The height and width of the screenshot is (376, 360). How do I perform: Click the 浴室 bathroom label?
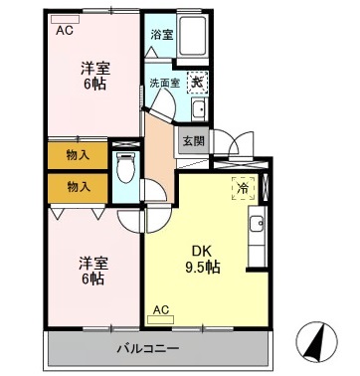tap(160, 34)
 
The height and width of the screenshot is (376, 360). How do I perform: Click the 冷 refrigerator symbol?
tap(243, 186)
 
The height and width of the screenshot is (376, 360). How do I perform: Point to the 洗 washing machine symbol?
tap(198, 83)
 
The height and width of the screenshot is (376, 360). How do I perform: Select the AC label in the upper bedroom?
tap(65, 31)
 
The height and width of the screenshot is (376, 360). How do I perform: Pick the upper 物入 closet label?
tap(79, 154)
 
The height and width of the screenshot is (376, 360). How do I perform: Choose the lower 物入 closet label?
tap(79, 186)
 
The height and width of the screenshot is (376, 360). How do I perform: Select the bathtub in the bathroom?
tap(191, 38)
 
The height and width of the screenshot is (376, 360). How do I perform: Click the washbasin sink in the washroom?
tap(197, 109)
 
